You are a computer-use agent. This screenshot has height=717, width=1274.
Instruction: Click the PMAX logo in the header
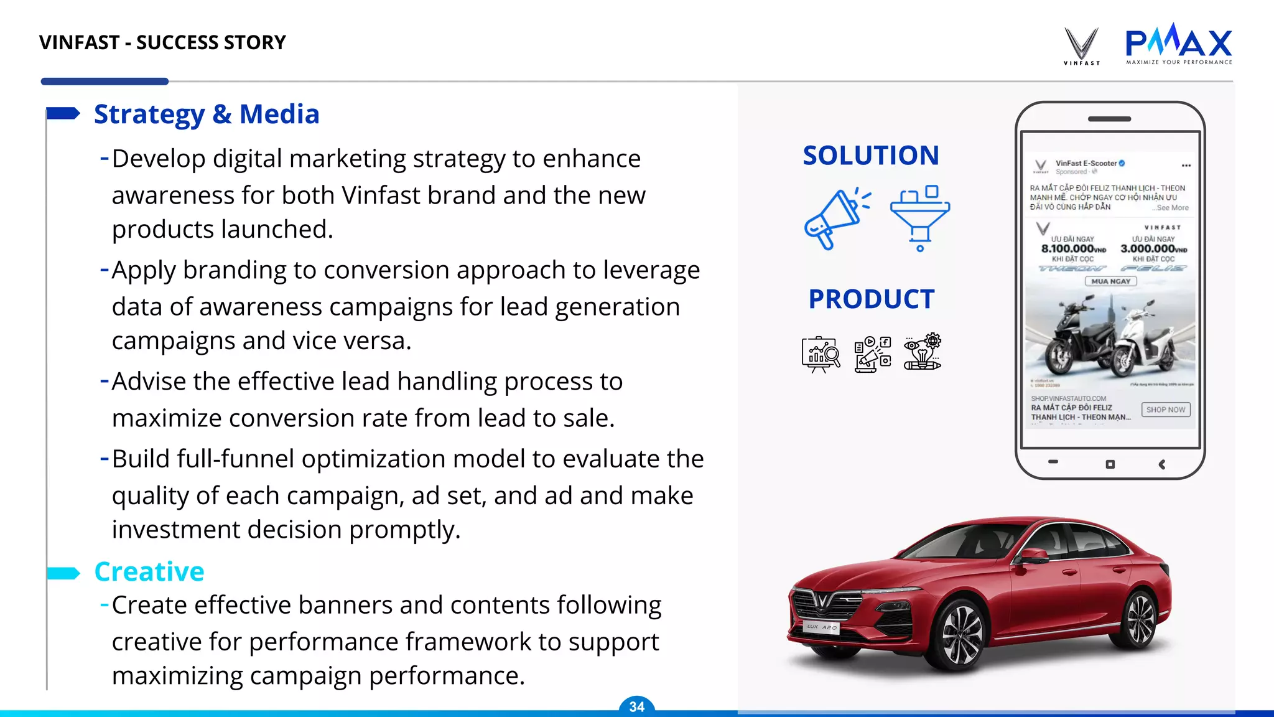(1178, 44)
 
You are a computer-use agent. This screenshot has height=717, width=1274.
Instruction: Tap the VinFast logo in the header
(1081, 45)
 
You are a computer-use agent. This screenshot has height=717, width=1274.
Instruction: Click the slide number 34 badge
(636, 706)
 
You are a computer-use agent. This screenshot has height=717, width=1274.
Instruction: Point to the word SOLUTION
(870, 156)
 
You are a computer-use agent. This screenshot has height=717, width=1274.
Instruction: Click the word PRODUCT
(872, 299)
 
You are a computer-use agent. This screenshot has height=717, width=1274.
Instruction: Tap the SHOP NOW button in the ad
(1165, 410)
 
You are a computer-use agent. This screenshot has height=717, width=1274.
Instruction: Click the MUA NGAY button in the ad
(1110, 281)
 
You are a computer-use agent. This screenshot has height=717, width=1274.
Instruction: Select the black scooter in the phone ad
(1079, 336)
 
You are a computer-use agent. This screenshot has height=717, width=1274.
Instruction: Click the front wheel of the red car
(960, 635)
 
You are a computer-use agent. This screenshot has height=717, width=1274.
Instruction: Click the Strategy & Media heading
(207, 115)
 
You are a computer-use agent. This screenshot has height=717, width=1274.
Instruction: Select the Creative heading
(149, 571)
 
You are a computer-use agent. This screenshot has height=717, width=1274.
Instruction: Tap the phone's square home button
(1110, 464)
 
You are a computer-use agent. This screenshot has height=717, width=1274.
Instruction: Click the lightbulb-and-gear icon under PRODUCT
(923, 352)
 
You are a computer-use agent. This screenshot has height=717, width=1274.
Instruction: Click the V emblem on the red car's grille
(822, 599)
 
